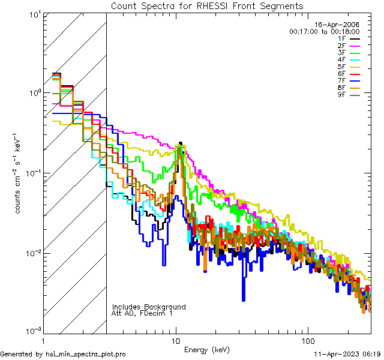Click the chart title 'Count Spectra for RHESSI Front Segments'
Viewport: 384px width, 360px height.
207,5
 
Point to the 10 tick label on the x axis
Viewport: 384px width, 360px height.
175,340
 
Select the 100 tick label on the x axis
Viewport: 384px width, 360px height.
307,340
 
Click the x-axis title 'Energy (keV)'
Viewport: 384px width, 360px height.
207,349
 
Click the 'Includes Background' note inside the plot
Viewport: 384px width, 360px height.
148,307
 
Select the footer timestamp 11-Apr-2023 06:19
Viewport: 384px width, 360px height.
347,354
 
